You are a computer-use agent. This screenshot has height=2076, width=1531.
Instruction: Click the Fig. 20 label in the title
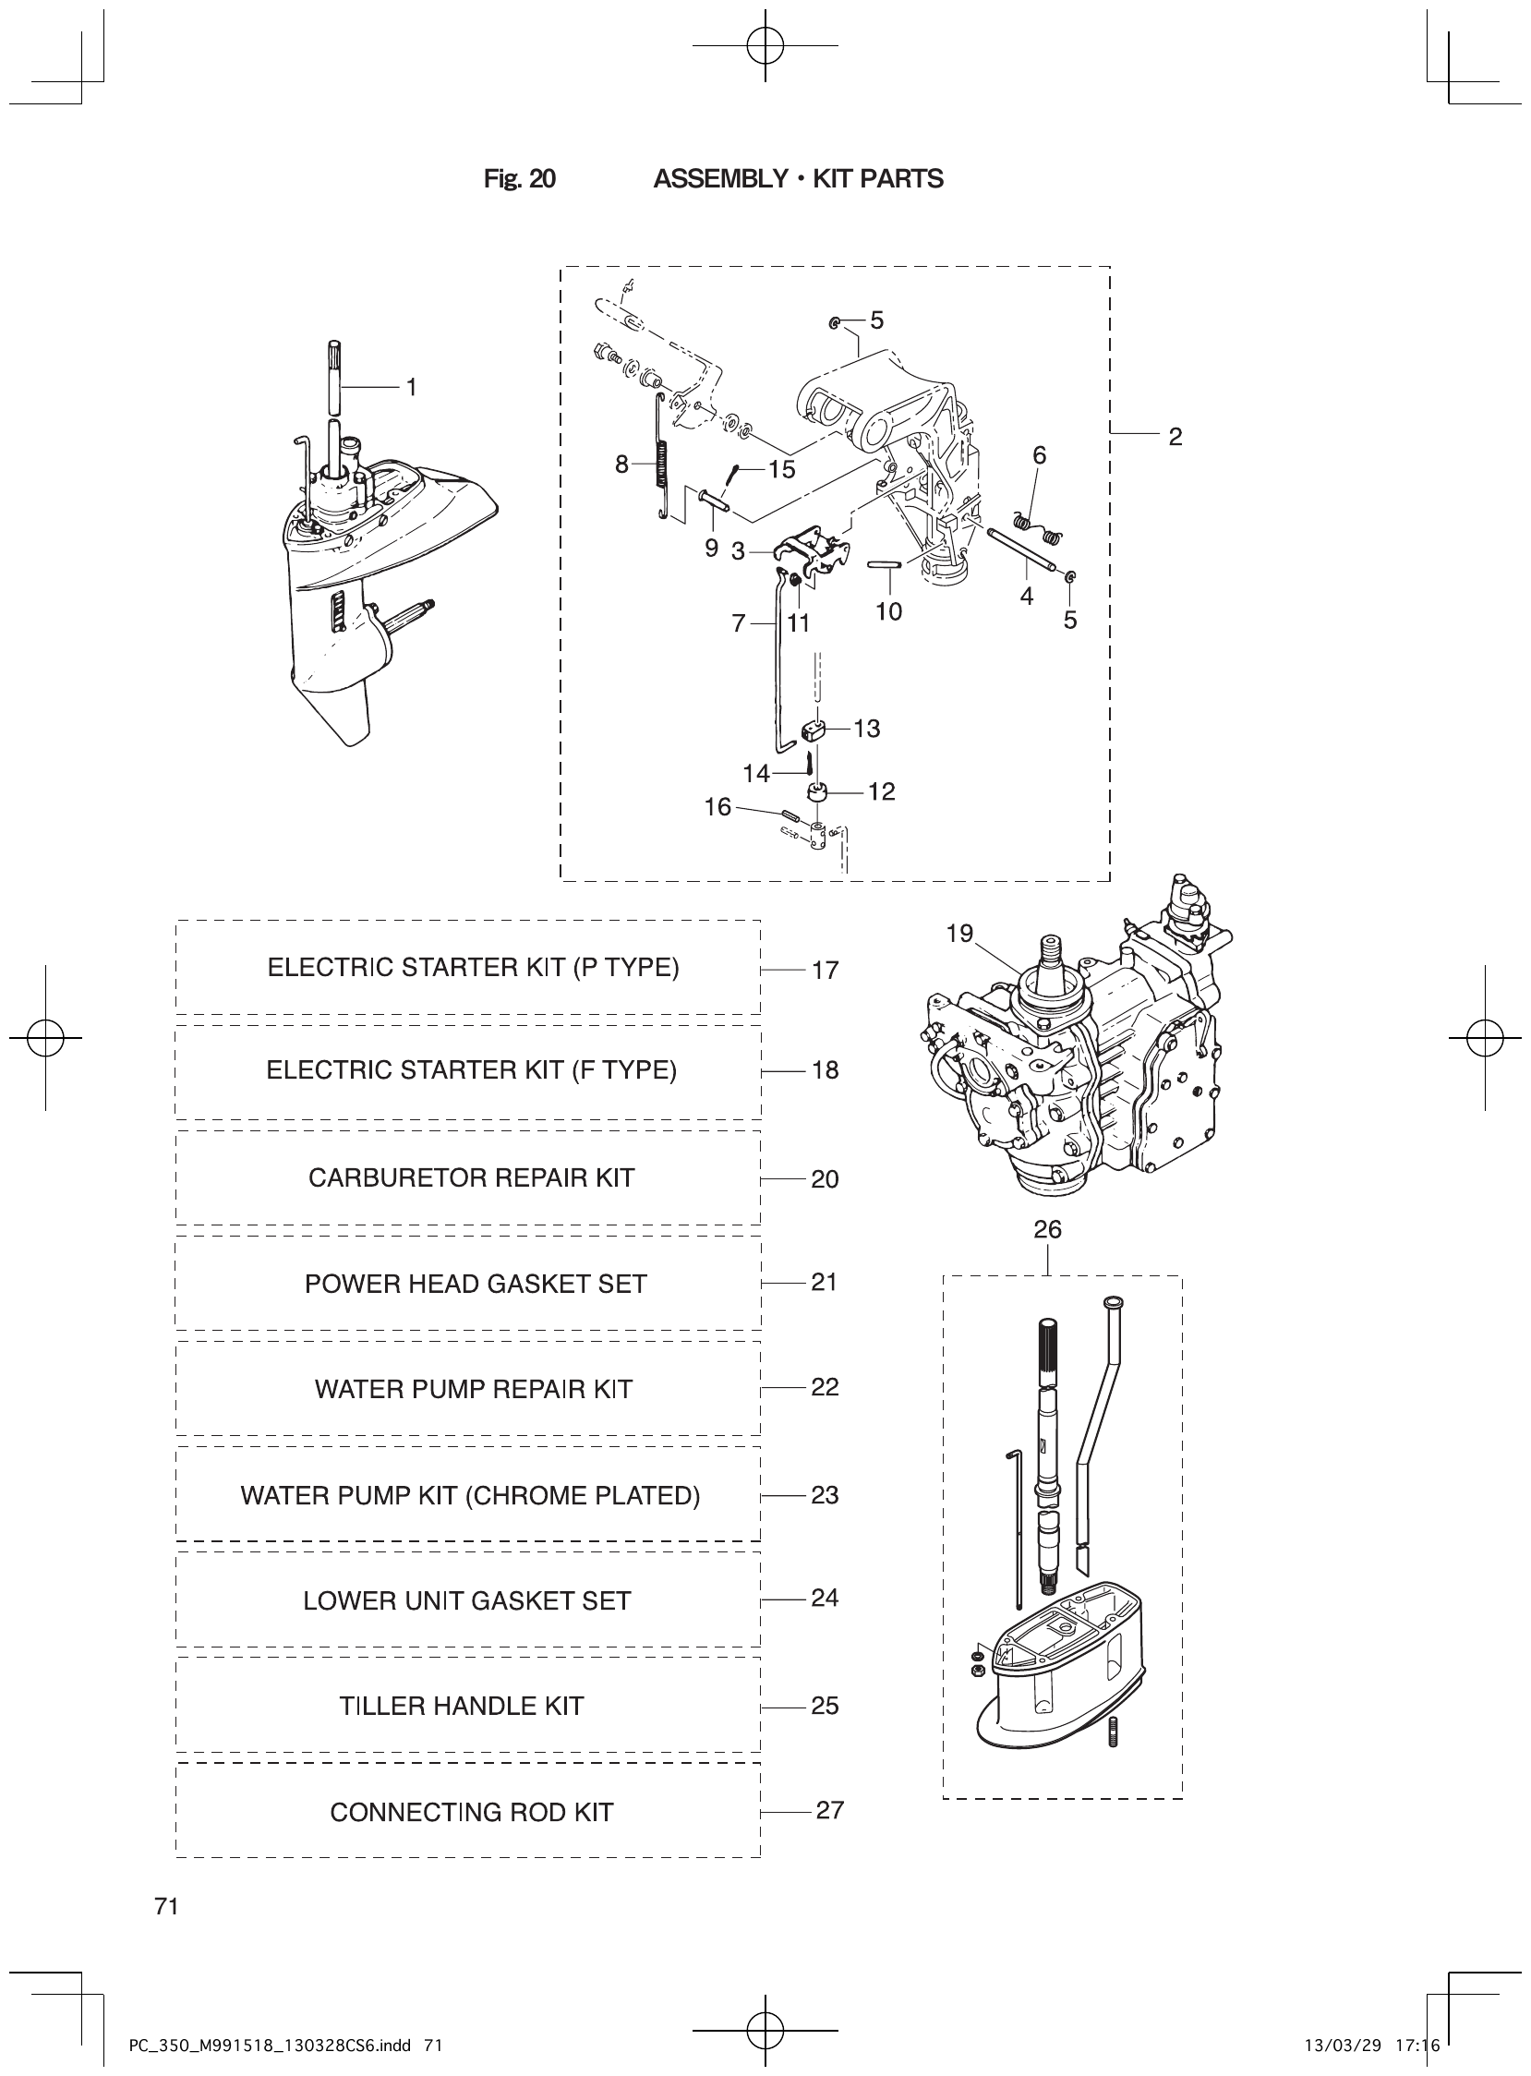[x=519, y=179]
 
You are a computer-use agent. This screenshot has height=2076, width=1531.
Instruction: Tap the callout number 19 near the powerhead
[x=959, y=934]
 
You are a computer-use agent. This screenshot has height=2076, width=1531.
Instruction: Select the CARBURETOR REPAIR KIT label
[x=471, y=1177]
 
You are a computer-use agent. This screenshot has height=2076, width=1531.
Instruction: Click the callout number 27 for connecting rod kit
[x=829, y=1809]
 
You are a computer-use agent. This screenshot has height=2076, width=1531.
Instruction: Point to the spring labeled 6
[x=1036, y=529]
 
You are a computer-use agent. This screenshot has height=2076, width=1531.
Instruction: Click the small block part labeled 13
[x=813, y=731]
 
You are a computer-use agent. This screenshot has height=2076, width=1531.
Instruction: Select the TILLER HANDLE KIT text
[x=462, y=1706]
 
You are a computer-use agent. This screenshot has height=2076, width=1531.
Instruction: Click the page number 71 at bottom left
[x=167, y=1905]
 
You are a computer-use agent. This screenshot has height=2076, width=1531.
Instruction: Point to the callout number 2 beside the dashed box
[x=1175, y=437]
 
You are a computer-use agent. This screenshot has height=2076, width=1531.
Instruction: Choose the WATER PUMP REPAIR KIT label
[x=473, y=1388]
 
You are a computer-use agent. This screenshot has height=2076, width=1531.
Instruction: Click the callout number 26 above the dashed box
[x=1047, y=1229]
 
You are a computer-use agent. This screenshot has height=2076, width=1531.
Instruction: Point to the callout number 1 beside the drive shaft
[x=412, y=387]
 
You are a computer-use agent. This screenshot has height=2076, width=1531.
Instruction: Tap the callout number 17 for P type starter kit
[x=825, y=971]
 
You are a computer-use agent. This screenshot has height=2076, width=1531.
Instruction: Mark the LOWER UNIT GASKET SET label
[x=466, y=1600]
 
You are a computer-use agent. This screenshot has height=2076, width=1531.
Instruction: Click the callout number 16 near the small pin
[x=717, y=806]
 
